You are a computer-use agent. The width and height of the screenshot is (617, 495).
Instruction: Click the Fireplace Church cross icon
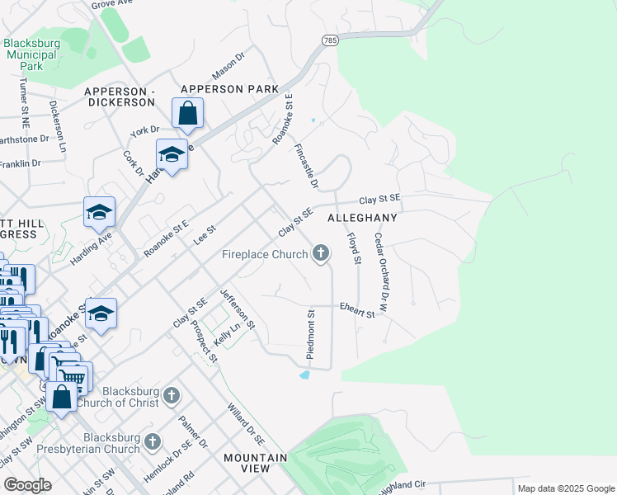point(321,253)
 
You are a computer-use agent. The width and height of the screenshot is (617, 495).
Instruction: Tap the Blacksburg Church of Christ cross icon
point(171,395)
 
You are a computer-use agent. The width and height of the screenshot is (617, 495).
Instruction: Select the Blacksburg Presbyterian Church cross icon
point(152,442)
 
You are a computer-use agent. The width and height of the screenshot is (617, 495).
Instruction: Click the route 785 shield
point(330,40)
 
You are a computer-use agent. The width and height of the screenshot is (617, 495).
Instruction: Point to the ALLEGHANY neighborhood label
point(362,219)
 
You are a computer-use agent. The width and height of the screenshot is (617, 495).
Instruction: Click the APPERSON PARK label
point(224,88)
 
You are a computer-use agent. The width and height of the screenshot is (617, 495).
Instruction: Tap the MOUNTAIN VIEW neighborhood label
point(255,463)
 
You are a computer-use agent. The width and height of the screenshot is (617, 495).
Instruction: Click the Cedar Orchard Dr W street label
point(381,260)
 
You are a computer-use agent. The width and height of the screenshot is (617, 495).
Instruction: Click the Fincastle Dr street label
point(306,165)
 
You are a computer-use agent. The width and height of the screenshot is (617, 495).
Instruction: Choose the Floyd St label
point(354,248)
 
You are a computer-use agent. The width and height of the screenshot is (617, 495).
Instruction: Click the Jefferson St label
point(238,309)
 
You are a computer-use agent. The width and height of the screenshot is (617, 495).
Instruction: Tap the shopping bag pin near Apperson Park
point(187,113)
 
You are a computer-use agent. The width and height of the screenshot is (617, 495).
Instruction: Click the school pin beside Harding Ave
point(99,213)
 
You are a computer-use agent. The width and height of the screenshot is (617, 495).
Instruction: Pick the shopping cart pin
point(74,376)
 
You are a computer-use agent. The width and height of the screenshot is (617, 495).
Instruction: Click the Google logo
point(27,485)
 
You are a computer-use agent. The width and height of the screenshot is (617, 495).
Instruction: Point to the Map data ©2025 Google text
point(565,488)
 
